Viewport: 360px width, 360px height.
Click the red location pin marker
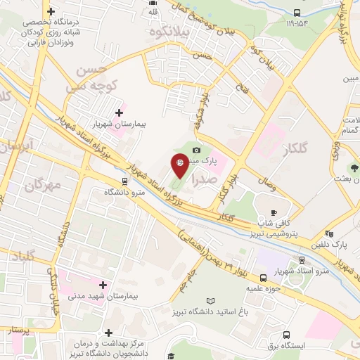point(179,165)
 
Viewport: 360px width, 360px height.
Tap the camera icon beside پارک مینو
point(196,150)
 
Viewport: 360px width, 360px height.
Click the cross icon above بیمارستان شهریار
point(119,112)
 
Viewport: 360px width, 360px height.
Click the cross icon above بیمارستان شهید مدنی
point(104,285)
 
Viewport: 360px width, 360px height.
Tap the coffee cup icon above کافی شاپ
point(274,212)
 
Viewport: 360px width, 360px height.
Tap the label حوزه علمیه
point(264,288)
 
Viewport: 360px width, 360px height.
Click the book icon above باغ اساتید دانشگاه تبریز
point(240,301)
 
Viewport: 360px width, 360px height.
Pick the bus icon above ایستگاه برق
point(286,335)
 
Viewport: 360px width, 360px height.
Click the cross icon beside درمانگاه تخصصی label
point(51,11)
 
